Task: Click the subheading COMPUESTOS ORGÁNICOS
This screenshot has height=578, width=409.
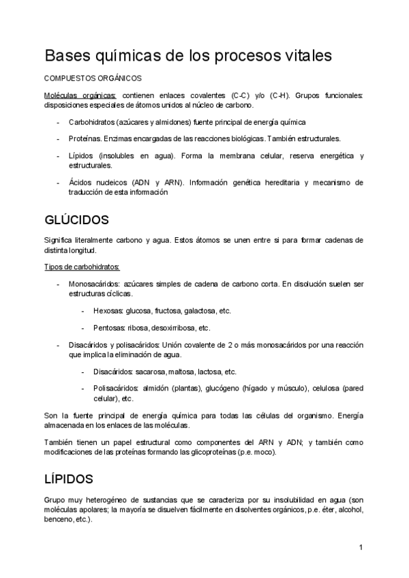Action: pyautogui.click(x=93, y=79)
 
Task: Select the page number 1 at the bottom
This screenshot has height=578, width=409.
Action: pyautogui.click(x=361, y=547)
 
